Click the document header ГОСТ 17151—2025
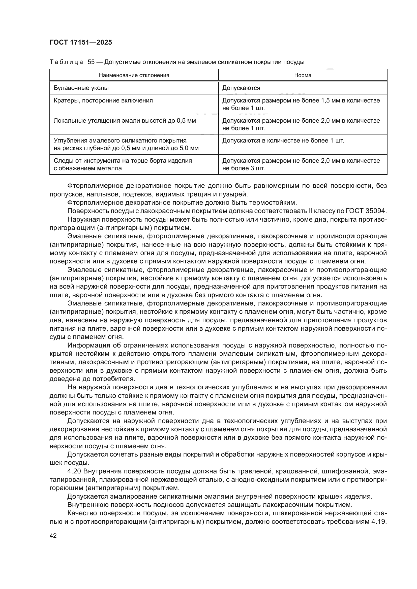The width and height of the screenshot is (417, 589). coord(81,43)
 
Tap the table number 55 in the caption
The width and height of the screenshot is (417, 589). coord(91,62)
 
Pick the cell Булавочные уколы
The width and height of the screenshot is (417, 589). coord(81,88)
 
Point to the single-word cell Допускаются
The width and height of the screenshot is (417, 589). coord(241,88)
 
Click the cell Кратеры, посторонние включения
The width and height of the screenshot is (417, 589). coord(103,100)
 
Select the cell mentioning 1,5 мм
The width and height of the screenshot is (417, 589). coord(301,104)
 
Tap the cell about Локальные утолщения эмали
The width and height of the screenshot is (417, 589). coord(125,121)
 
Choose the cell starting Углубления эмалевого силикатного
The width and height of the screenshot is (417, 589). coord(126,144)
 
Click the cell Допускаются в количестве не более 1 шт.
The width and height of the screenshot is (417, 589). coord(283,141)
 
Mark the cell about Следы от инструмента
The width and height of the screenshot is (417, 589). coord(123,164)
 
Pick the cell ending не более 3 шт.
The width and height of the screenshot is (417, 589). coord(301,164)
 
